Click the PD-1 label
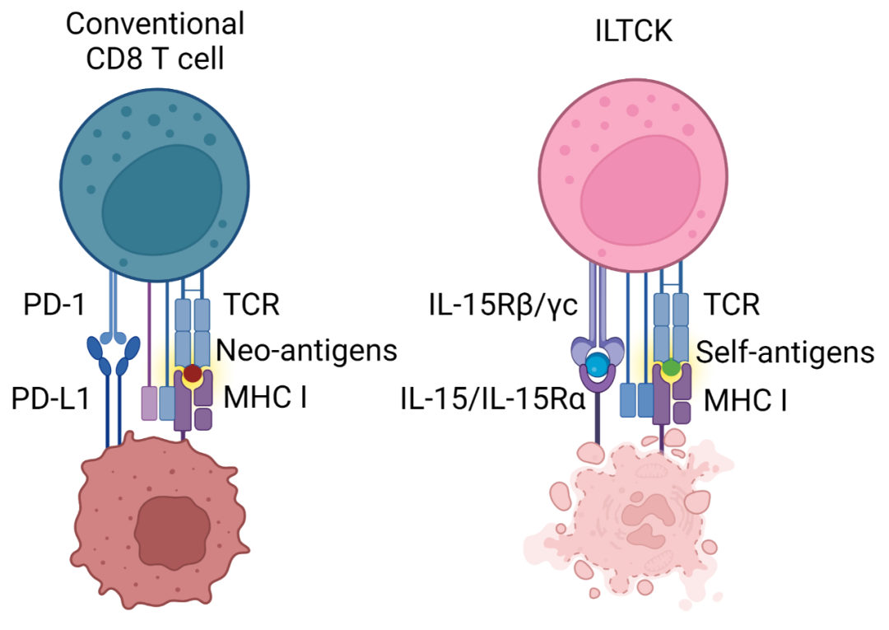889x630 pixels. pyautogui.click(x=52, y=306)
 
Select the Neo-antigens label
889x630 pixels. pyautogui.click(x=307, y=352)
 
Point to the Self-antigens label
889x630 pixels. pyautogui.click(x=784, y=352)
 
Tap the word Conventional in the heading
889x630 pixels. pyautogui.click(x=155, y=23)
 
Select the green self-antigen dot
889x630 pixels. pyautogui.click(x=672, y=368)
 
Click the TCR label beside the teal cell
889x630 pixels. pyautogui.click(x=251, y=306)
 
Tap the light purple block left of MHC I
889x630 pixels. pyautogui.click(x=149, y=404)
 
